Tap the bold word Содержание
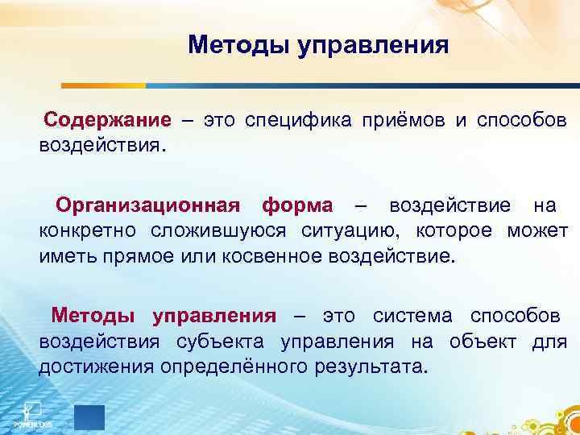click(107, 121)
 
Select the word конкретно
click(89, 232)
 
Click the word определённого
click(225, 368)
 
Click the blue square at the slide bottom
click(89, 416)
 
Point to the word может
click(537, 232)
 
